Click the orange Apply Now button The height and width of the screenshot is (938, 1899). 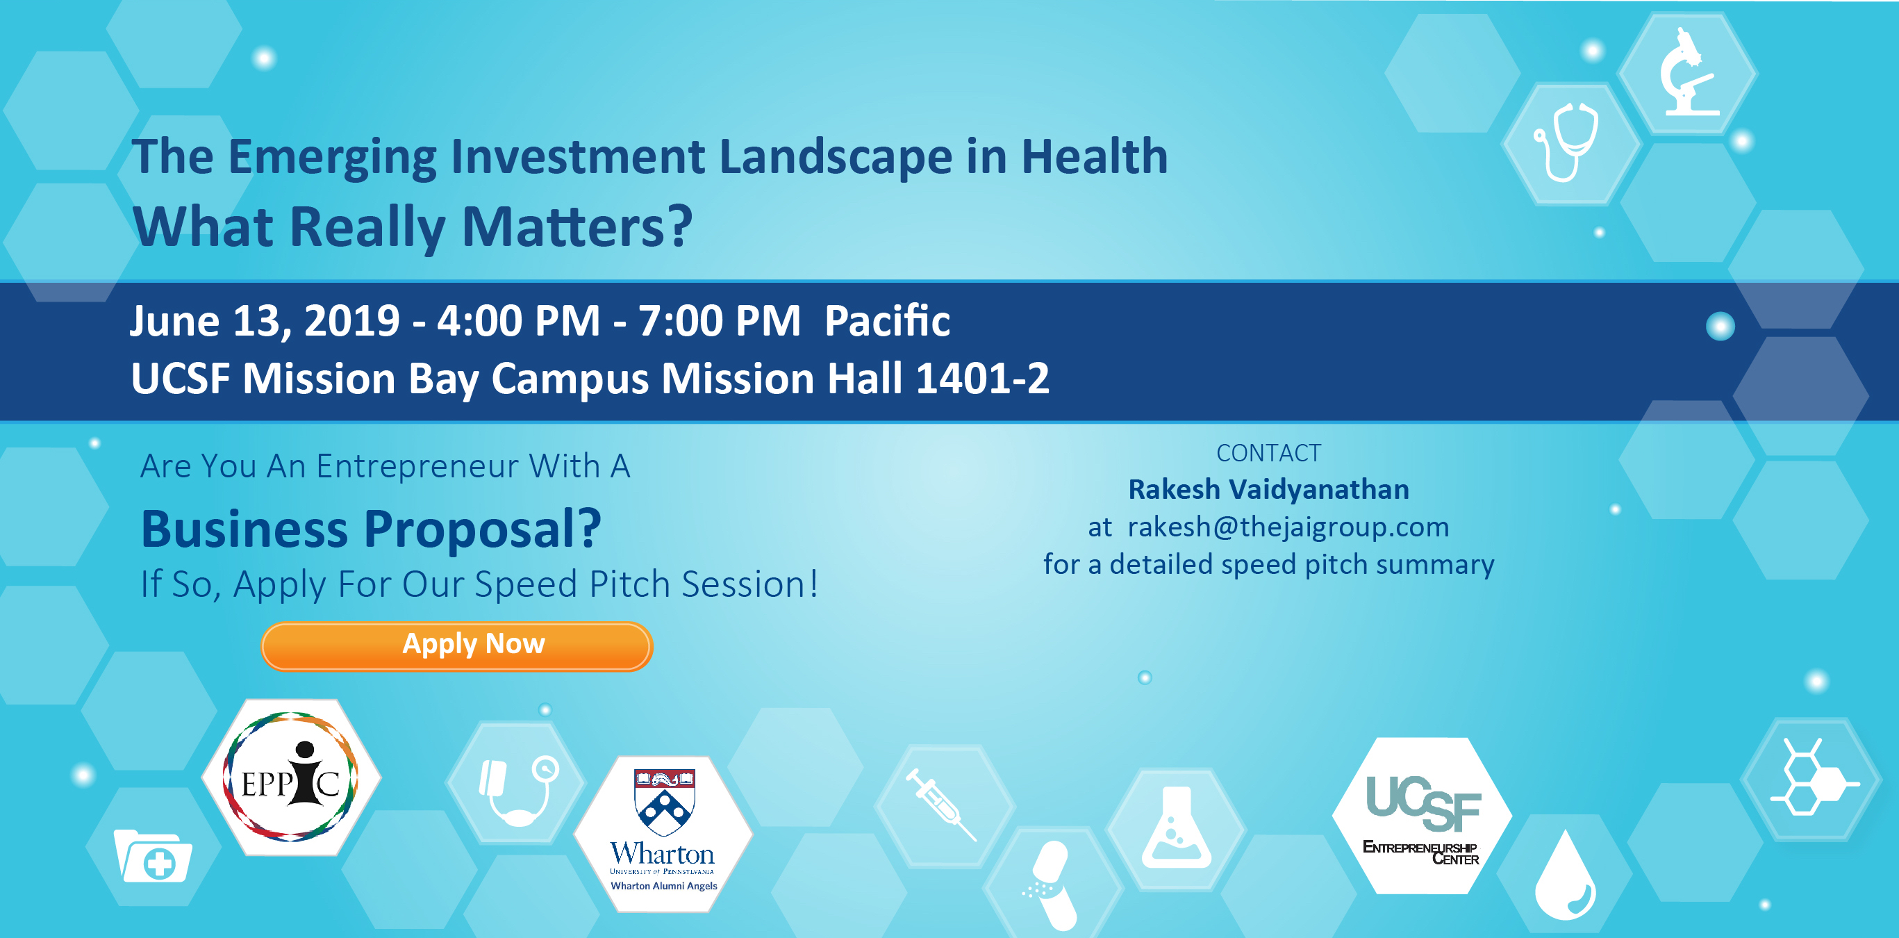click(x=457, y=646)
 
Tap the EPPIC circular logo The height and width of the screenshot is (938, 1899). click(x=291, y=777)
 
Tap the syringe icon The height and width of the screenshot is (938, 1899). click(x=941, y=804)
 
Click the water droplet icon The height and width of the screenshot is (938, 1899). click(x=1564, y=876)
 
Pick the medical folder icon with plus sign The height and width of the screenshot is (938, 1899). click(x=154, y=855)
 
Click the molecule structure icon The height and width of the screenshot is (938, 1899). click(x=1815, y=777)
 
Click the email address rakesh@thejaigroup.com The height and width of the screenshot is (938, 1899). click(x=1288, y=527)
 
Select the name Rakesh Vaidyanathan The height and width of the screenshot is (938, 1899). click(x=1268, y=489)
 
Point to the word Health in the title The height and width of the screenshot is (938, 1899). click(x=1094, y=156)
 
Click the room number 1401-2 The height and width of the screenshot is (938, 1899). click(x=982, y=378)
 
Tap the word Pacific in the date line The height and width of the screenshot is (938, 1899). click(x=887, y=321)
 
